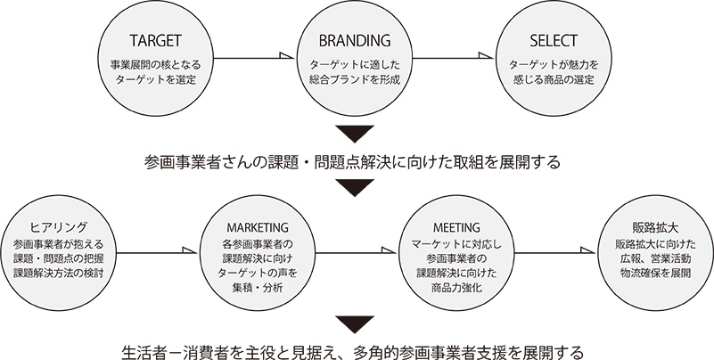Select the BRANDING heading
355,41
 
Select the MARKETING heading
257,227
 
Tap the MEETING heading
454,227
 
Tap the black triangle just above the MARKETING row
356,187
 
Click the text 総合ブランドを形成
355,79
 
